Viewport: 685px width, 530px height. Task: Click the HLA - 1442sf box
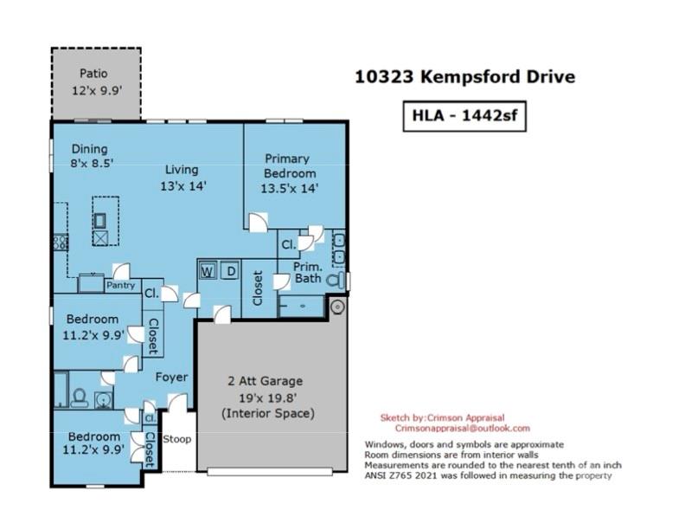[x=464, y=116]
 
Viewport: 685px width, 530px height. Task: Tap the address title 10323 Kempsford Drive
[x=464, y=77]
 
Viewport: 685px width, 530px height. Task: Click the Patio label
[x=93, y=73]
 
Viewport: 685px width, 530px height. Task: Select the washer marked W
[x=208, y=271]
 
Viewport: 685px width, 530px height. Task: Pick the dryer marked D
[x=230, y=271]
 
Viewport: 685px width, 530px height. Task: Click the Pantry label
[x=120, y=286]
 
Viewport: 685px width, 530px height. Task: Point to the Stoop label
[x=177, y=439]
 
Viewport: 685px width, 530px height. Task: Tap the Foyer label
[x=172, y=377]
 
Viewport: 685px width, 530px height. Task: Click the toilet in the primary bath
[x=336, y=281]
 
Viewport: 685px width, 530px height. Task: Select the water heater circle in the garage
[x=336, y=307]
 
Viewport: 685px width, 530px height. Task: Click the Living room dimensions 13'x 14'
[x=183, y=186]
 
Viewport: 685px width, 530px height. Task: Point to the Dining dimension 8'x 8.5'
[x=93, y=164]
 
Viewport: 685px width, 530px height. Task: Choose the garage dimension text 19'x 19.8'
[x=268, y=397]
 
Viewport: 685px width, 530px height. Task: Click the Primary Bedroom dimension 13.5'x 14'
[x=289, y=189]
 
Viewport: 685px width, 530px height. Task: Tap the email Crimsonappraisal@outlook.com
[x=462, y=429]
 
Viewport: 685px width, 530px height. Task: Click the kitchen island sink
[x=100, y=221]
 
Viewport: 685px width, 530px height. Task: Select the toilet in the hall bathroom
[x=80, y=397]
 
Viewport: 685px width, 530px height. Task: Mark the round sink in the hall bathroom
[x=104, y=400]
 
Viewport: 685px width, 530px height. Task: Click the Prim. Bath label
[x=308, y=273]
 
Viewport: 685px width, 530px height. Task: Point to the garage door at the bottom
[x=270, y=472]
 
